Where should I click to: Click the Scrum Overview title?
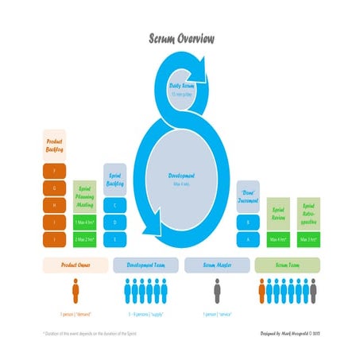pos(180,38)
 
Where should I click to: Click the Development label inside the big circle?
pos(182,176)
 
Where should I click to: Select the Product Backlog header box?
pos(55,145)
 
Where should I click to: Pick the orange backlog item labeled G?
pos(55,187)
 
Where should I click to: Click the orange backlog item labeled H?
pos(55,204)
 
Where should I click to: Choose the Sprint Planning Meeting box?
pos(87,194)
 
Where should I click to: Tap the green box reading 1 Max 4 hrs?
pos(87,221)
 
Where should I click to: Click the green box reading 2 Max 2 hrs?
pos(87,238)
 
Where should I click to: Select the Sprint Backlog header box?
pos(115,180)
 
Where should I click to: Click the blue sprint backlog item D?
pos(115,222)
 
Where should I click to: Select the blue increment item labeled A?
pos(247,238)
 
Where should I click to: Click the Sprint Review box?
pos(278,211)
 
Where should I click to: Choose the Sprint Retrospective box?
pos(308,211)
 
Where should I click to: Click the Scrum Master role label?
pos(216,264)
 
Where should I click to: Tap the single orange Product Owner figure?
pos(75,292)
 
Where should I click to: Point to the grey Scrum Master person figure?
pos(216,292)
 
